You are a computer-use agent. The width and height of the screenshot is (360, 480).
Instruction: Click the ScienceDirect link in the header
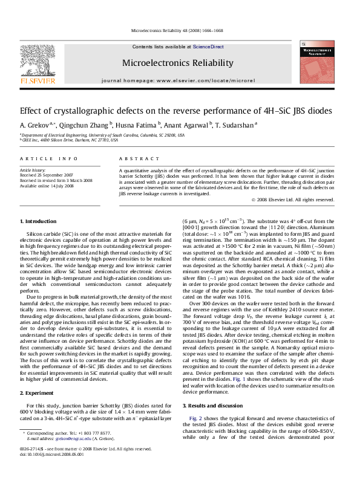[x=208, y=47]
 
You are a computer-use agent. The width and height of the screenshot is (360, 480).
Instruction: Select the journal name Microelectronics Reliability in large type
[x=177, y=63]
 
